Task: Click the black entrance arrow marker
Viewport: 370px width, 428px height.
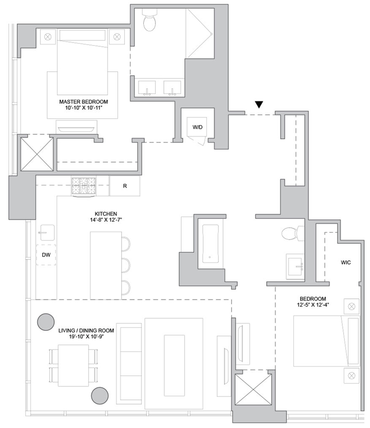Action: click(x=259, y=105)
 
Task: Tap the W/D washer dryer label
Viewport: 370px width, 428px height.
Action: click(x=197, y=127)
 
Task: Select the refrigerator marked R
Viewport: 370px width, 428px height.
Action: click(x=125, y=186)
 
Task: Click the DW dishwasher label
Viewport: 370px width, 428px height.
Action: click(x=46, y=255)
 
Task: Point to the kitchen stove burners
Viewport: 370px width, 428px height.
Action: click(x=83, y=185)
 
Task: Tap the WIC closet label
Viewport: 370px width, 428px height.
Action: click(x=346, y=263)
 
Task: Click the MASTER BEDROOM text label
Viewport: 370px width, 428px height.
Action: click(x=83, y=102)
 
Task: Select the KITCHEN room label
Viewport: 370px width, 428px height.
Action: click(x=106, y=214)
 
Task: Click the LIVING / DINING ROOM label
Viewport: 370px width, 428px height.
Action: click(x=86, y=330)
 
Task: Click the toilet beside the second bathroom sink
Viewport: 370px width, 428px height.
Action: click(x=292, y=233)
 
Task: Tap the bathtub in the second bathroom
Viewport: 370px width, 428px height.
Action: click(x=210, y=244)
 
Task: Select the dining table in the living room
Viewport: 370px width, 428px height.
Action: click(x=73, y=366)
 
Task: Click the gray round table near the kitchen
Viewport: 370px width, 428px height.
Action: click(x=46, y=321)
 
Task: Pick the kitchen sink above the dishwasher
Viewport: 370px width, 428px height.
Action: click(x=47, y=233)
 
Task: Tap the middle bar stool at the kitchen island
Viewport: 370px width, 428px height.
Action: click(x=126, y=265)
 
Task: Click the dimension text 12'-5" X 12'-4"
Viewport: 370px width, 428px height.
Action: click(x=313, y=305)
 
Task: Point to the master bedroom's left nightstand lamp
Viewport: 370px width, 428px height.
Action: click(x=48, y=36)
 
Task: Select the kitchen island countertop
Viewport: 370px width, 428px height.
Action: click(x=106, y=265)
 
